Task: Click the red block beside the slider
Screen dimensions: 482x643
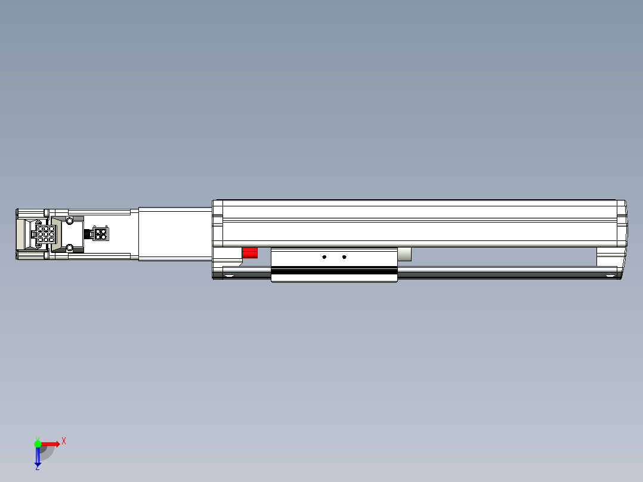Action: [249, 254]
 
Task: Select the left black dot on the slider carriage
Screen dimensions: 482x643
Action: [324, 257]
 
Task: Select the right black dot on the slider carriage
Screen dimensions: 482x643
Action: [344, 257]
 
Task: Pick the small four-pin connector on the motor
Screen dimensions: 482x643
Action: [101, 233]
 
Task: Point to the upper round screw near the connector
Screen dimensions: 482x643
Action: [70, 221]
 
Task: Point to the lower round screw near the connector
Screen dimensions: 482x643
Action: [70, 247]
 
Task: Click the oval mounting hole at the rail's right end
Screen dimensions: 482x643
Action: [610, 275]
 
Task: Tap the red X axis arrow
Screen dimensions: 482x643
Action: [51, 443]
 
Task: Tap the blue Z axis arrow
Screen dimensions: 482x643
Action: [38, 456]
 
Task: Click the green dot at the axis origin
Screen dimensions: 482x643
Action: [38, 443]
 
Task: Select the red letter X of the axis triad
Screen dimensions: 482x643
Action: [64, 441]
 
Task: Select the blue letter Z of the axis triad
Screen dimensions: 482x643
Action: [38, 468]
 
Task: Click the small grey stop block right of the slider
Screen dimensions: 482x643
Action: [404, 255]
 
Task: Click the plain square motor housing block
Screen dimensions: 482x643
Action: [175, 233]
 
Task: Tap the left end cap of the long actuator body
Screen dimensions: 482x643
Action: [218, 223]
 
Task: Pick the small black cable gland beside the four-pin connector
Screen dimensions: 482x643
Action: [88, 233]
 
